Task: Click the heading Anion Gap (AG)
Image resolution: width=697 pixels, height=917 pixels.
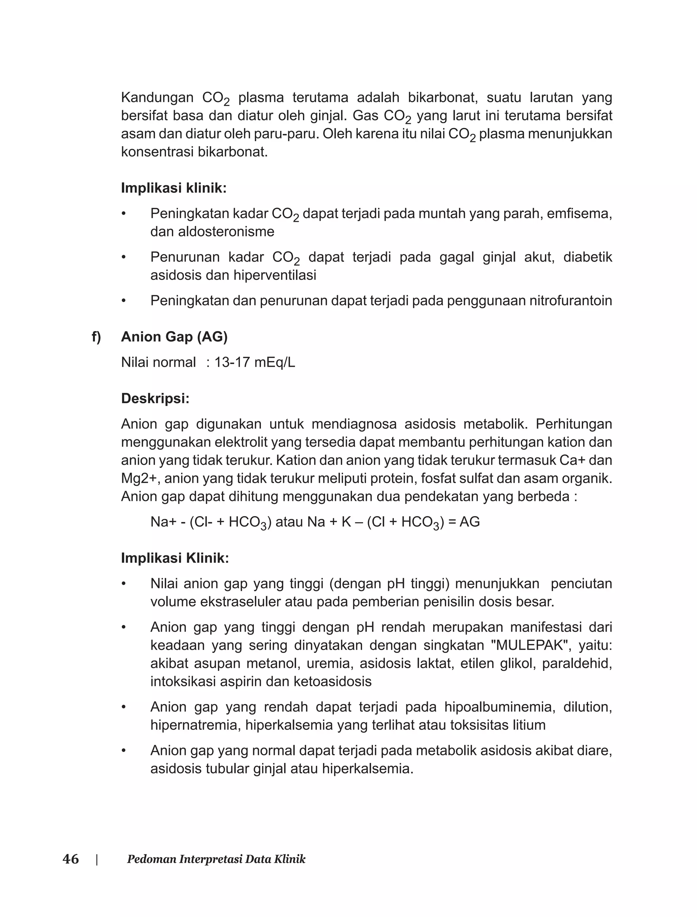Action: [x=174, y=337]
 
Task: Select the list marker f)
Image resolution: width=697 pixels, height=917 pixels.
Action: [x=96, y=337]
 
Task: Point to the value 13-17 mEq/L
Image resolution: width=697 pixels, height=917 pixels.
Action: [x=254, y=362]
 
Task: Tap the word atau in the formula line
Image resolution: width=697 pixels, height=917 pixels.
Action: [x=289, y=522]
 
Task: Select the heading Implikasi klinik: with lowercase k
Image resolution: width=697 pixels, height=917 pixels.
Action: [x=174, y=188]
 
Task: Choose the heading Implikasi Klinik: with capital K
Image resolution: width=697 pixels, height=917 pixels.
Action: [x=175, y=558]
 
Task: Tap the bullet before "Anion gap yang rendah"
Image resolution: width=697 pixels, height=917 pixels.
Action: [x=123, y=707]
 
